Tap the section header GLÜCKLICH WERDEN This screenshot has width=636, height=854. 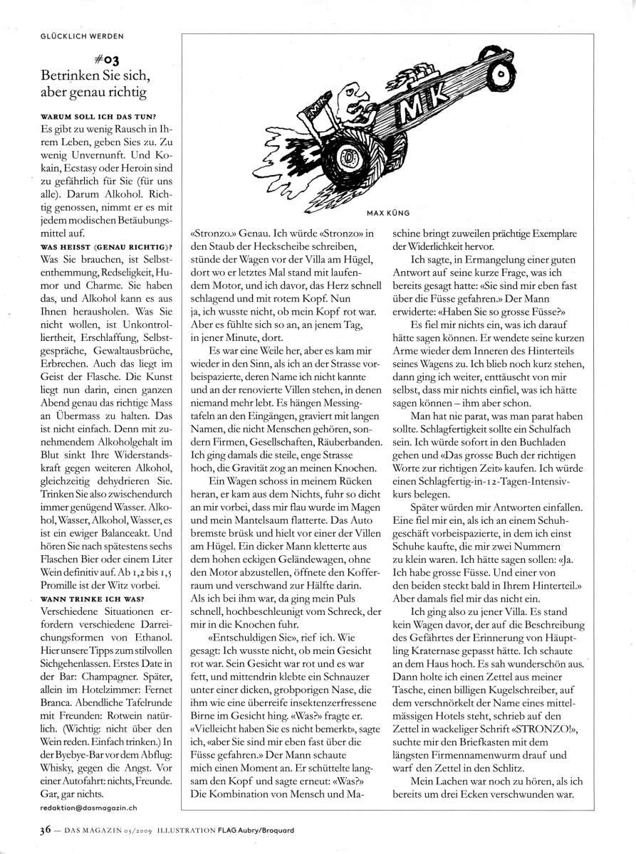pos(82,35)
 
